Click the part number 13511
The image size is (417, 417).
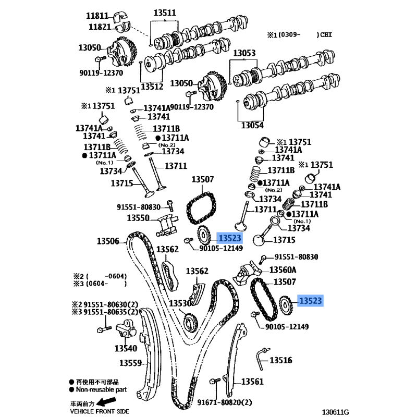pyautogui.click(x=165, y=13)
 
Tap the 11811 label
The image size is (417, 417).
pyautogui.click(x=97, y=16)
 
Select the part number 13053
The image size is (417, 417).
pyautogui.click(x=244, y=53)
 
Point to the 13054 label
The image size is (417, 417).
pyautogui.click(x=252, y=125)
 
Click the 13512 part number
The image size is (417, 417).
pyautogui.click(x=152, y=87)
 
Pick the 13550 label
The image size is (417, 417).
pyautogui.click(x=138, y=218)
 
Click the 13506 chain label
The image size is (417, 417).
pyautogui.click(x=108, y=241)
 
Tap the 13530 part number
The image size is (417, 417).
pyautogui.click(x=180, y=303)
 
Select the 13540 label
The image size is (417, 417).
pyautogui.click(x=126, y=348)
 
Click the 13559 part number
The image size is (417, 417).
pyautogui.click(x=130, y=363)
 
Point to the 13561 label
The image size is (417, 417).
pyautogui.click(x=252, y=382)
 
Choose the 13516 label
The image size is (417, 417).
pyautogui.click(x=281, y=360)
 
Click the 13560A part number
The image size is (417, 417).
pyautogui.click(x=283, y=270)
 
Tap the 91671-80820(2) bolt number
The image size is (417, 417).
pyautogui.click(x=225, y=402)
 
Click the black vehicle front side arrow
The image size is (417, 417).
pyautogui.click(x=106, y=401)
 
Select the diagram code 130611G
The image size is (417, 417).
pyautogui.click(x=335, y=412)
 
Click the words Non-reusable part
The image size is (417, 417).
pyautogui.click(x=101, y=389)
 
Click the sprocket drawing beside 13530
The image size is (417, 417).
pyautogui.click(x=190, y=323)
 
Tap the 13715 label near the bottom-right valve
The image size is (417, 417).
pyautogui.click(x=284, y=240)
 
